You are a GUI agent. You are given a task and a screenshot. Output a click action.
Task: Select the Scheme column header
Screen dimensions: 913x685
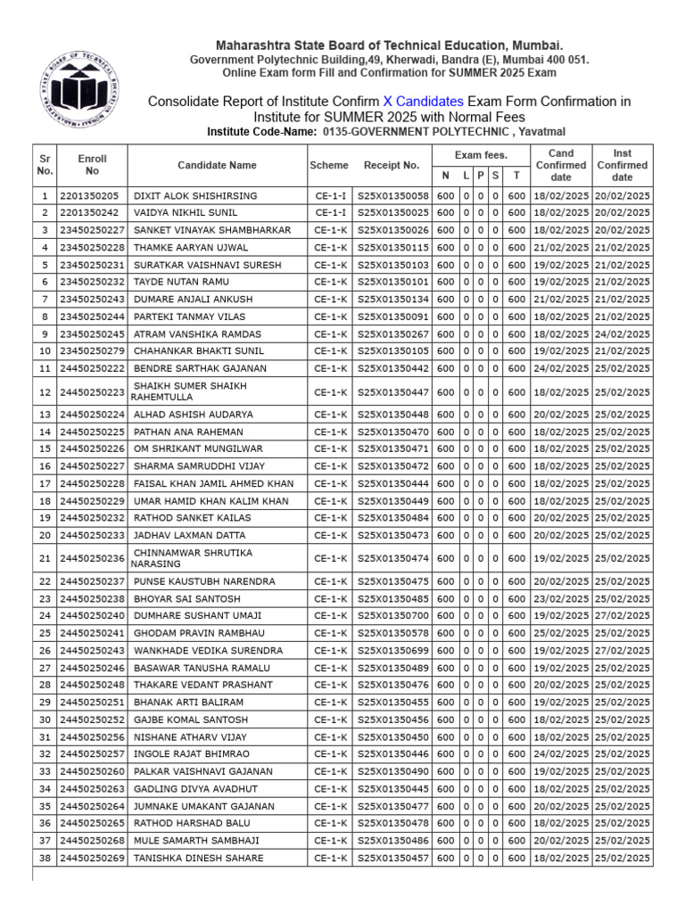point(329,165)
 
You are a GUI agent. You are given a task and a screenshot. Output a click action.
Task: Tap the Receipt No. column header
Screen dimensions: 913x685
point(392,165)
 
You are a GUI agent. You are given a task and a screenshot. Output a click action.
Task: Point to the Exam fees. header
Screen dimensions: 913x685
point(481,155)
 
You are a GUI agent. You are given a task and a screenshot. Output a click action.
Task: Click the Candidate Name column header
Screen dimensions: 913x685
point(217,165)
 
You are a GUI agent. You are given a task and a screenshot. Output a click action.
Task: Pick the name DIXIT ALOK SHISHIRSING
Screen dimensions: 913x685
point(195,196)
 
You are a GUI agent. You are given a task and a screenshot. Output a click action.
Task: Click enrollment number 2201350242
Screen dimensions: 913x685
point(89,213)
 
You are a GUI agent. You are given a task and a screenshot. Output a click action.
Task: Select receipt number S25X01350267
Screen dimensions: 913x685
point(392,333)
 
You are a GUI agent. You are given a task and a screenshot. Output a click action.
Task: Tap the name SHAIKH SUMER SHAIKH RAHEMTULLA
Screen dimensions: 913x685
point(190,391)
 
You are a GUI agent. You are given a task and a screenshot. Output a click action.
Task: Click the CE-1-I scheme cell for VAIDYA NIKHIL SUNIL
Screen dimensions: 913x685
point(329,213)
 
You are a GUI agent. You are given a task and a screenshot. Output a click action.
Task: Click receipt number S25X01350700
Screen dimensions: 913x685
point(392,616)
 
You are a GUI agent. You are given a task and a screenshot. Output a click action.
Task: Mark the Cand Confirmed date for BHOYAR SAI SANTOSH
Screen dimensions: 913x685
point(560,599)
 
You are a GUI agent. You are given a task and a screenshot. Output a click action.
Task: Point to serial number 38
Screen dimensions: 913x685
point(45,858)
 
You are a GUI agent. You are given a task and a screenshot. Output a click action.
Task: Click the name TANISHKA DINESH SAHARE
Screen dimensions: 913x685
point(198,858)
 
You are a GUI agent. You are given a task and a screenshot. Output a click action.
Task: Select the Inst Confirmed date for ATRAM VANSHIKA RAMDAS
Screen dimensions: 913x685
point(623,333)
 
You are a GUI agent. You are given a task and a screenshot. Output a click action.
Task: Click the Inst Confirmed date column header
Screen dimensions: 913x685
point(623,165)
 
